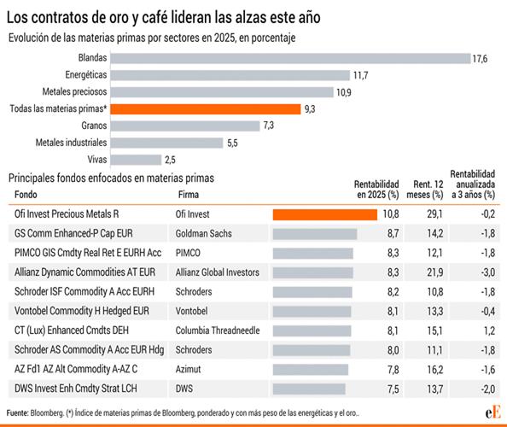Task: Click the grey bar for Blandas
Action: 291,58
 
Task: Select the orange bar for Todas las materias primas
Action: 206,108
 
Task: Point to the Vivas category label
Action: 96,159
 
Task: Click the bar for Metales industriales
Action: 167,142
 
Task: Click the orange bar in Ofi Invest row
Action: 324,214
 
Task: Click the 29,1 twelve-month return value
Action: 434,214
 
